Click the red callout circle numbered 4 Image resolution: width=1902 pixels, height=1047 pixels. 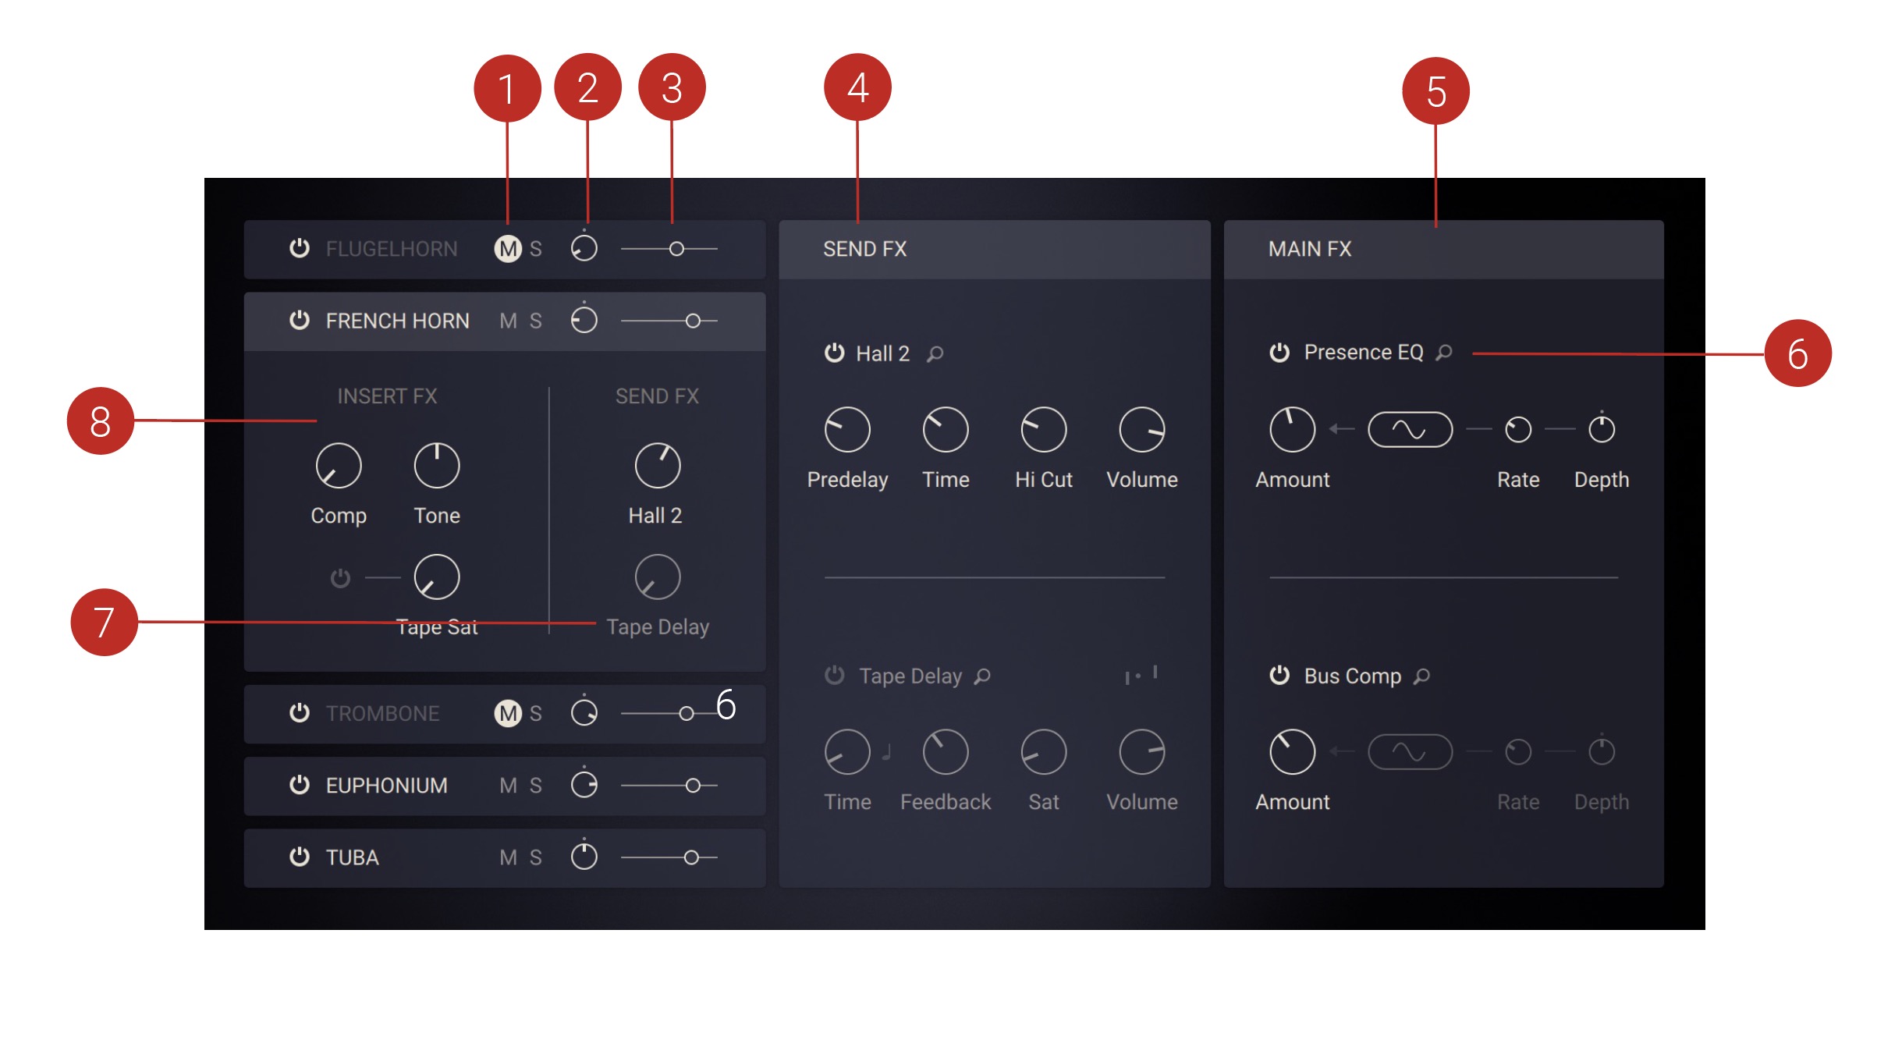[x=857, y=87]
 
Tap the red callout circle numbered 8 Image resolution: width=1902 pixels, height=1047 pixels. [x=101, y=421]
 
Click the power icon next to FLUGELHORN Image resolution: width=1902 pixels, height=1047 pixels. [x=300, y=248]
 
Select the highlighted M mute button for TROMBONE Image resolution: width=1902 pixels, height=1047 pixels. [x=508, y=713]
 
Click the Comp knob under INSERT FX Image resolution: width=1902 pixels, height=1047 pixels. [x=339, y=467]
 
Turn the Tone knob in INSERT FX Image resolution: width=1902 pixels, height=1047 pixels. [x=437, y=467]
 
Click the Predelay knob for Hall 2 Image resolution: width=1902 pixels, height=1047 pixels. [x=847, y=430]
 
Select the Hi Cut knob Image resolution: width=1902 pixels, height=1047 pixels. [x=1044, y=430]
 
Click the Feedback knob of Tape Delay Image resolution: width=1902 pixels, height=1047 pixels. [x=946, y=752]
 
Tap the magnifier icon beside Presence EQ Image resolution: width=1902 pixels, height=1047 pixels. [x=1445, y=353]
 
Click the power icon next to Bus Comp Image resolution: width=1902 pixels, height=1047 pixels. [x=1279, y=676]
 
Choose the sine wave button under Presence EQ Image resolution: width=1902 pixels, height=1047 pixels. [x=1410, y=430]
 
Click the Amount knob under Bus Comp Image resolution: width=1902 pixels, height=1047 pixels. [x=1292, y=752]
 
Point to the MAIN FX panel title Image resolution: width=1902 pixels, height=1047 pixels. [x=1310, y=249]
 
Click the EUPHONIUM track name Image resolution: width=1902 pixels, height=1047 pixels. [x=387, y=786]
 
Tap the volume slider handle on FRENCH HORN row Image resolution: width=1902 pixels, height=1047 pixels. [x=693, y=321]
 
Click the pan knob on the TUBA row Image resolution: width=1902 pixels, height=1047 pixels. [x=584, y=857]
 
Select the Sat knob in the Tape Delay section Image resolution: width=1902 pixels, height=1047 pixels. [x=1044, y=752]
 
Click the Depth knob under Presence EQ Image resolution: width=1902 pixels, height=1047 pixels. [x=1602, y=430]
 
